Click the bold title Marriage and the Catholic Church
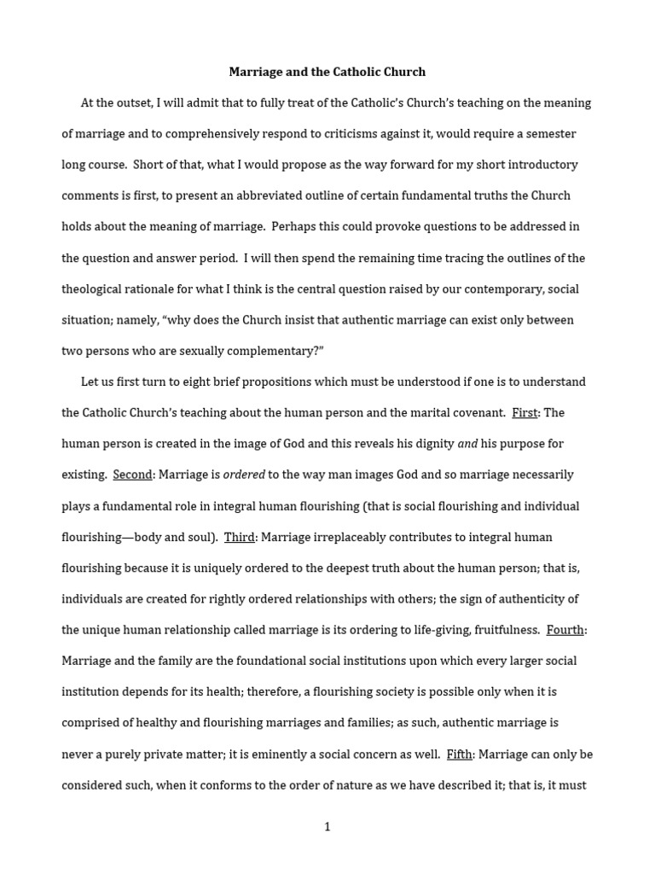pos(327,72)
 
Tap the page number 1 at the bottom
pos(327,827)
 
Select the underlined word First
pos(525,413)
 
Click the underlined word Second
pos(132,475)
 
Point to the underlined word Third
pos(240,537)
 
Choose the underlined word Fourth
pos(565,630)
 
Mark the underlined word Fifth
pos(460,755)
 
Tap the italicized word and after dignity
pos(467,444)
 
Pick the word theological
pos(96,289)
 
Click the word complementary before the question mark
pos(266,351)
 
